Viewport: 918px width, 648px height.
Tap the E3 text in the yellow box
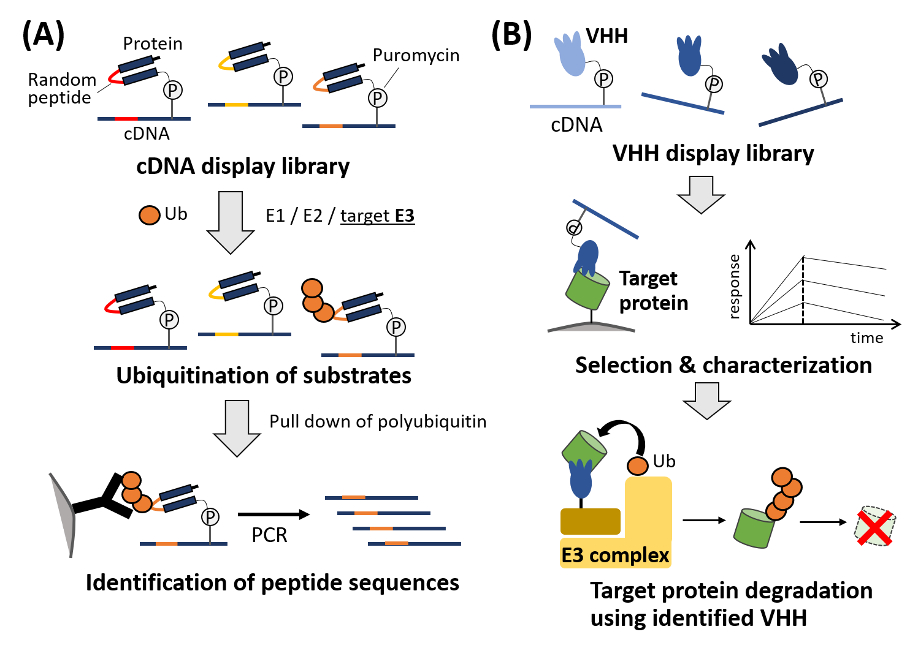point(573,556)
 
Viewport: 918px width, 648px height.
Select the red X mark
point(874,528)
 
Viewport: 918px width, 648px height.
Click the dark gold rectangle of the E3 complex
point(590,521)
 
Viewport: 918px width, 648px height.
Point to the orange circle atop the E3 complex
point(638,466)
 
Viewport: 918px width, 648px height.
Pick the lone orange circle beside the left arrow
point(150,216)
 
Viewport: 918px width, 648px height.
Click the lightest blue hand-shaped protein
point(571,55)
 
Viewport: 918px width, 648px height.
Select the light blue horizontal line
point(575,107)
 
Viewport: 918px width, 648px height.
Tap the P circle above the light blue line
point(604,79)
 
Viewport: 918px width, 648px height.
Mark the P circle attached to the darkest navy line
point(818,79)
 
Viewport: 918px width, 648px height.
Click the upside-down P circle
point(574,228)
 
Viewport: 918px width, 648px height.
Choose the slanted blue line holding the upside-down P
point(606,219)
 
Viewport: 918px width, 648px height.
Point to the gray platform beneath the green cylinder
point(591,327)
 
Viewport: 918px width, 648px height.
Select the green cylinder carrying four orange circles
point(753,528)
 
